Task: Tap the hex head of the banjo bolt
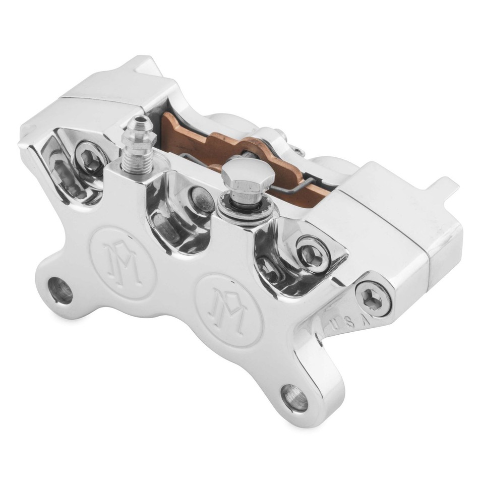248,174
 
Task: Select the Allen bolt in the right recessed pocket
308,254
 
